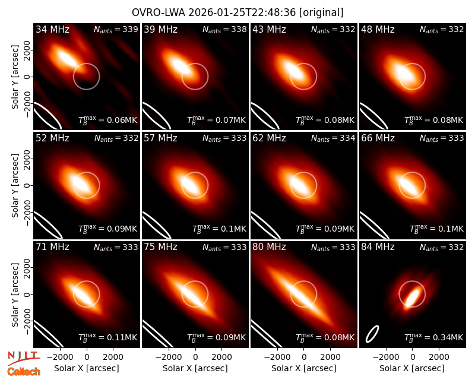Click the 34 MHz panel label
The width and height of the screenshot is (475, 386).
52,29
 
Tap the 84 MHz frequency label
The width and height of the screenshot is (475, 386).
378,247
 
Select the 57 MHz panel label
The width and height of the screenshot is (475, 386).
160,138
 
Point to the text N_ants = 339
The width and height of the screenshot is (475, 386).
116,29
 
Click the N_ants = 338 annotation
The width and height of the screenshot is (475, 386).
225,29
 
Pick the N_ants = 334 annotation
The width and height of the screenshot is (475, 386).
333,138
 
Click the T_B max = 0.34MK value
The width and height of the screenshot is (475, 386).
434,337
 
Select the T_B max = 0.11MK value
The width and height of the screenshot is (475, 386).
108,337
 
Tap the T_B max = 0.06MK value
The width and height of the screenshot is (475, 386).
108,120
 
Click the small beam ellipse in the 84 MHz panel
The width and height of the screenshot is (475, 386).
372,334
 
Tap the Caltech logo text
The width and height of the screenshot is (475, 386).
24,372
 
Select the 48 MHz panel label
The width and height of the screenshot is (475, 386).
378,29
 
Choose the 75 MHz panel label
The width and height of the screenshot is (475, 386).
160,247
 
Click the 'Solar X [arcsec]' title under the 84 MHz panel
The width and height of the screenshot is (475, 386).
412,368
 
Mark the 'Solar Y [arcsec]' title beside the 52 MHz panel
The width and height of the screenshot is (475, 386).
15,185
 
